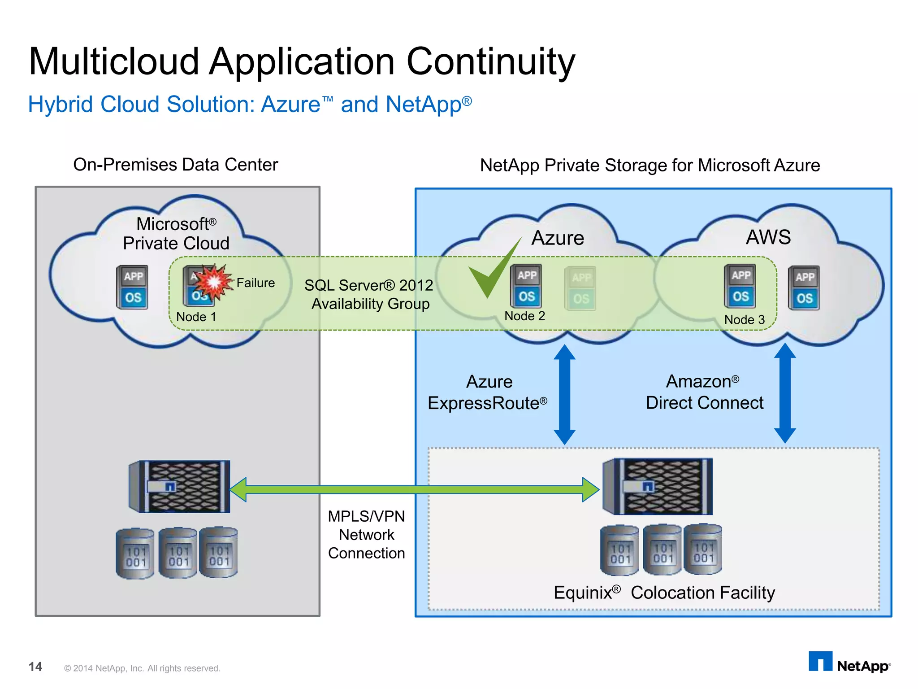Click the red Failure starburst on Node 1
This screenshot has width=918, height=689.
pos(214,282)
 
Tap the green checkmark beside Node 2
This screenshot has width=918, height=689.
pos(490,274)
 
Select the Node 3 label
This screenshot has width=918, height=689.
pos(744,319)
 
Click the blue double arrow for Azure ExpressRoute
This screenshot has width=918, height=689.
pos(564,395)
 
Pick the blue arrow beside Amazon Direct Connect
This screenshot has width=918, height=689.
pos(785,393)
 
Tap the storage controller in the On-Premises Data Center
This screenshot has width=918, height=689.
pos(180,486)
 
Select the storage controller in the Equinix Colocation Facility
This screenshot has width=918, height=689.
pos(658,486)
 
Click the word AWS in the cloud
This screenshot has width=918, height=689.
pos(768,237)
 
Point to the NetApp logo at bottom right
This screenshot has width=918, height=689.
pos(849,663)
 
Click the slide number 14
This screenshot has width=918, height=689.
pos(35,667)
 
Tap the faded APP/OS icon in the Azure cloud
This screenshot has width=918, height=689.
pos(580,288)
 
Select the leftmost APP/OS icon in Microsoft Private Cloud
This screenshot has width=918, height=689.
pos(133,287)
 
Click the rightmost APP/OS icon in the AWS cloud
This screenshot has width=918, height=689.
pos(804,288)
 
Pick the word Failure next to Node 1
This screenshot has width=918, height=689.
pos(255,283)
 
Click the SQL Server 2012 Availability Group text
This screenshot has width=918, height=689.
pos(369,294)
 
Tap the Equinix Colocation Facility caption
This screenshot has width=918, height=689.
pos(664,593)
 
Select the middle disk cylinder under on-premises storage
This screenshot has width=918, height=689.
pos(178,553)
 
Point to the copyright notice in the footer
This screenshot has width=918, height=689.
pos(142,668)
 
